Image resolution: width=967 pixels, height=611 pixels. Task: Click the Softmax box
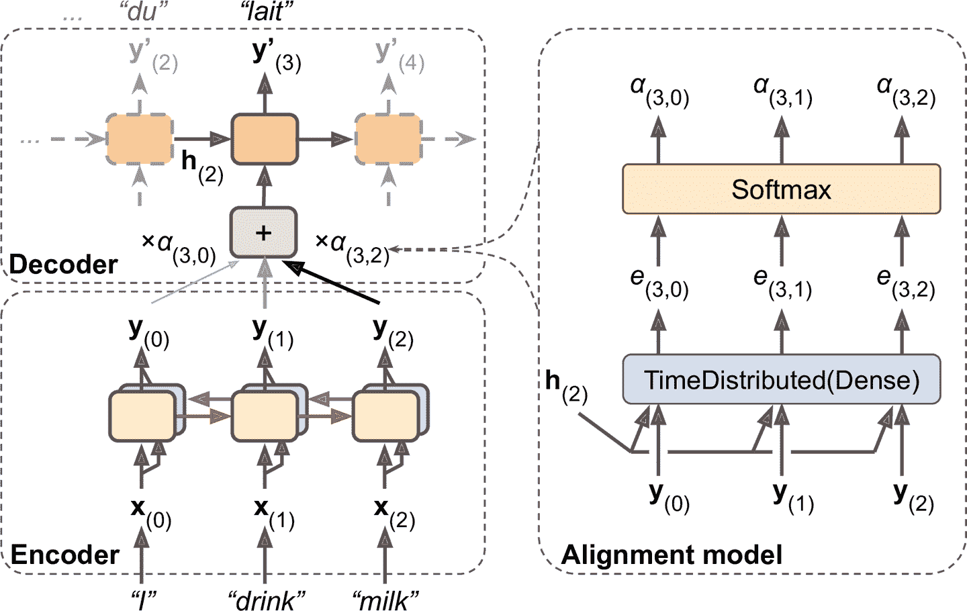(x=781, y=189)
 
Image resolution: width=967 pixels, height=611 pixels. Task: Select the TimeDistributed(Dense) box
(x=781, y=380)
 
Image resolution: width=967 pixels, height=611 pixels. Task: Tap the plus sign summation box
(x=263, y=233)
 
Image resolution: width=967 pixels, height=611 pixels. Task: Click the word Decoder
(x=64, y=265)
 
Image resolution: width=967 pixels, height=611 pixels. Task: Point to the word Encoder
(x=65, y=555)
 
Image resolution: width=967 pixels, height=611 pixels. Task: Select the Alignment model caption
(x=672, y=555)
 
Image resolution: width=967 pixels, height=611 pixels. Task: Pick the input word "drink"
(x=266, y=600)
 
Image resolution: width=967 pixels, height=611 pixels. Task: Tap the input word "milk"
(x=385, y=600)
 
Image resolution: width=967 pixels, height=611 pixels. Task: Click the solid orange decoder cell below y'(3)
(x=264, y=139)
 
